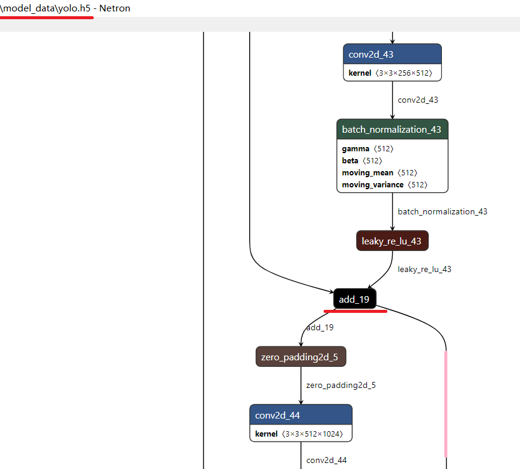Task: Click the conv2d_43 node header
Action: click(392, 55)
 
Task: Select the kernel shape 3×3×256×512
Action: click(408, 73)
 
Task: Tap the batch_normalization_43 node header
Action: click(392, 130)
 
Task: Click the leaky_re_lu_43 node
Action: click(392, 241)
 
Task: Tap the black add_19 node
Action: click(354, 299)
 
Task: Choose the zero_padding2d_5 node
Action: click(300, 357)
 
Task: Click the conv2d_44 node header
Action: click(300, 415)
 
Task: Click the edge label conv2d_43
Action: click(418, 100)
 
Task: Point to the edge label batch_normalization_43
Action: click(443, 211)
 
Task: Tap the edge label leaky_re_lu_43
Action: click(425, 269)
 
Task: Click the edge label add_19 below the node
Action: click(320, 327)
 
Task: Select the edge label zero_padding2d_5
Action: click(340, 385)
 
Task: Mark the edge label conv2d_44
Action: click(326, 460)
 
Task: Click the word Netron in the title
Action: click(115, 8)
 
